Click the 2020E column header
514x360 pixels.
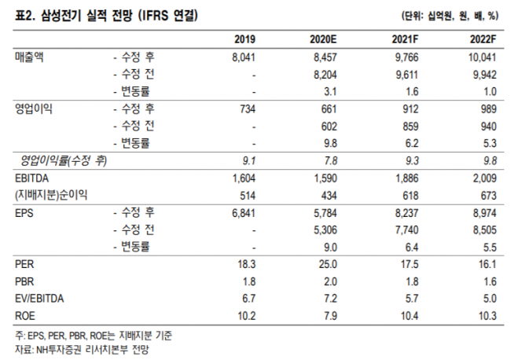point(324,39)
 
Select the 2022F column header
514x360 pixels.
point(489,39)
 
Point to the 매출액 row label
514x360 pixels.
point(31,57)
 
